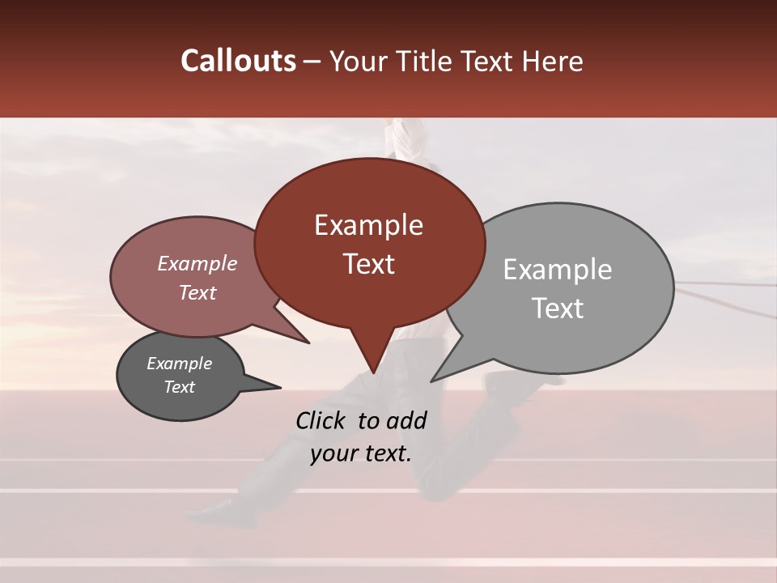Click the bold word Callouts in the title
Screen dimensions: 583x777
coord(238,61)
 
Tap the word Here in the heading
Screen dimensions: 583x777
coord(553,61)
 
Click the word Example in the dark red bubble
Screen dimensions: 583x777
coord(368,225)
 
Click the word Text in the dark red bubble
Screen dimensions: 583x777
coord(368,264)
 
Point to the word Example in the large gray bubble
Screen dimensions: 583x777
coord(558,270)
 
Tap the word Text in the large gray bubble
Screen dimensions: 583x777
coord(558,309)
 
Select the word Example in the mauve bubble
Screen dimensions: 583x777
coord(197,264)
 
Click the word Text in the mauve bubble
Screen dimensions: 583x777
coord(197,292)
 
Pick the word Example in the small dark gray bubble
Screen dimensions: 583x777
coord(179,364)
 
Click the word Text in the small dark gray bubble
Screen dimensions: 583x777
coord(179,387)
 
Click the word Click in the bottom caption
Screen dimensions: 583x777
coord(322,420)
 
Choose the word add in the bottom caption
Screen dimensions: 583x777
coord(407,420)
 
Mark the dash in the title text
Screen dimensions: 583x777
coord(312,62)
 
